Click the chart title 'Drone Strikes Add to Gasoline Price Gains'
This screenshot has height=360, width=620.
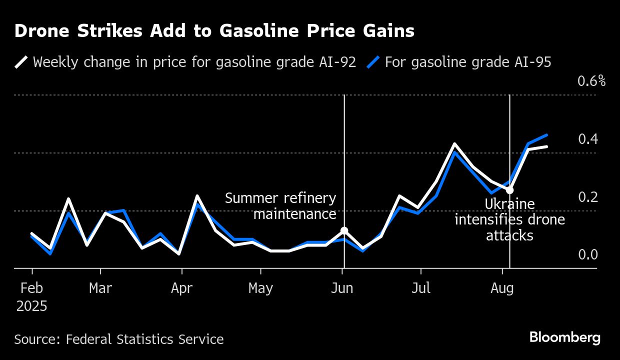click(214, 31)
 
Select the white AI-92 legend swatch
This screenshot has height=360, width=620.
click(21, 62)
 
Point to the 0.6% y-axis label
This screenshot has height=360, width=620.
click(591, 81)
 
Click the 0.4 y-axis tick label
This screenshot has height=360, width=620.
click(588, 139)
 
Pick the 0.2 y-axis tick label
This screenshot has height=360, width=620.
click(588, 197)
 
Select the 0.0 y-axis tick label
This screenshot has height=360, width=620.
click(588, 255)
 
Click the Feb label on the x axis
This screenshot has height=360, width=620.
click(32, 288)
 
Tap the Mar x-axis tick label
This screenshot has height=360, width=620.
click(100, 288)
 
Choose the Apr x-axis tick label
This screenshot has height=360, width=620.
click(181, 288)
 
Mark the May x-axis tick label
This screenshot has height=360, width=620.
click(260, 288)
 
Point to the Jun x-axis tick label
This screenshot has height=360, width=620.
click(342, 288)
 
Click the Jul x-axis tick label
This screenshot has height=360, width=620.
click(420, 288)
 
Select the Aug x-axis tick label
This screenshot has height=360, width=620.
click(502, 288)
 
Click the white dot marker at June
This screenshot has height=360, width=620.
click(344, 230)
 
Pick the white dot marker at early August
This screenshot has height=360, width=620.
click(509, 190)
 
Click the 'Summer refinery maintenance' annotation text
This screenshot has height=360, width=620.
click(280, 206)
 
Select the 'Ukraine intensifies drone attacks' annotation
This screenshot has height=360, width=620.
click(509, 219)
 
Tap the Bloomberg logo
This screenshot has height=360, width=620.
click(564, 338)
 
